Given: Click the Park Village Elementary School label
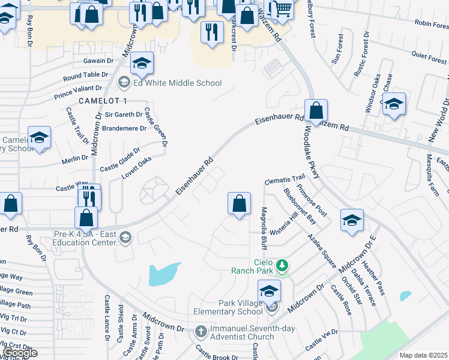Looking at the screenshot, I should (228, 307).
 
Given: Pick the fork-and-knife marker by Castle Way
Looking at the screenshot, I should (89, 196).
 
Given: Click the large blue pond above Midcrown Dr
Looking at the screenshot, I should (163, 275).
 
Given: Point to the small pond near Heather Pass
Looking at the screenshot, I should (406, 296).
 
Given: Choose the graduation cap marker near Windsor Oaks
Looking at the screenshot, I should (394, 105).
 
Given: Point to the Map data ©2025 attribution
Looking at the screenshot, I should (423, 355).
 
